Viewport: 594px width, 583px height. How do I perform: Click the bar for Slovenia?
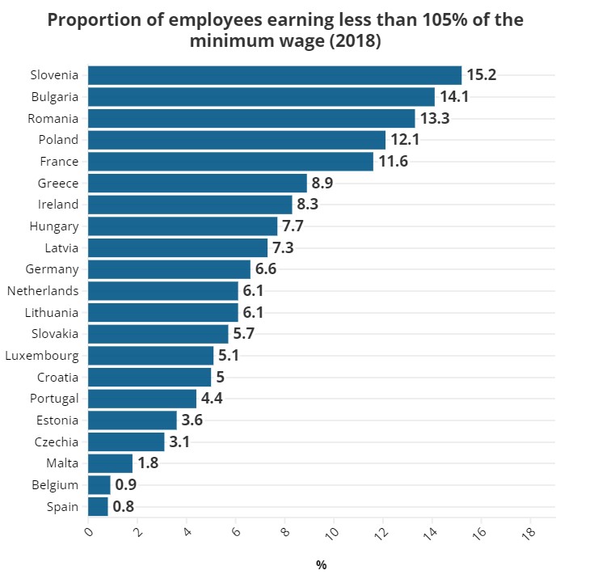click(275, 75)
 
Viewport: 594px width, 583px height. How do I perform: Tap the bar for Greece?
click(197, 183)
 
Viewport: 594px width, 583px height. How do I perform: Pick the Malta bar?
click(110, 463)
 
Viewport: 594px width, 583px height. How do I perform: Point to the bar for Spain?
click(98, 507)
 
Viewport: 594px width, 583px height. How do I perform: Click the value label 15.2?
click(481, 75)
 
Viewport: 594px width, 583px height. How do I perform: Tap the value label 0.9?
click(125, 485)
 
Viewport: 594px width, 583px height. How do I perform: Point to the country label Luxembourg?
click(42, 356)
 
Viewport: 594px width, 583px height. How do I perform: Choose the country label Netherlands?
click(43, 291)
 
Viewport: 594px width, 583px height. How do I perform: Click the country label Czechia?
click(57, 442)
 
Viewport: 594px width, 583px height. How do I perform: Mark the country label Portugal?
click(54, 399)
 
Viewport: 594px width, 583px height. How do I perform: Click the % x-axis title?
click(321, 565)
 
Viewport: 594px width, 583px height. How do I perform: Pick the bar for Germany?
click(169, 269)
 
